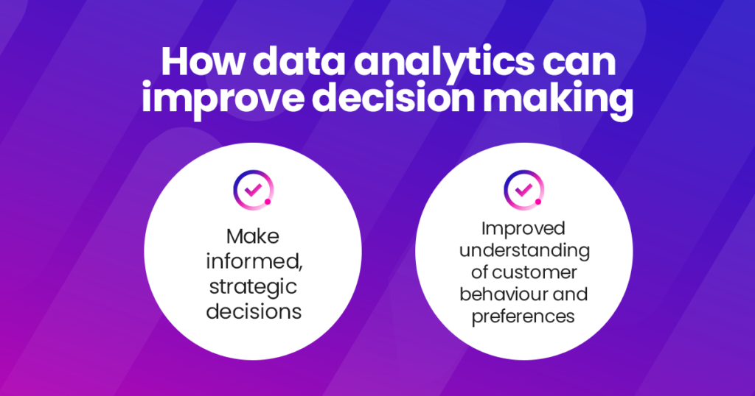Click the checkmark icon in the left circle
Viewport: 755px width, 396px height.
253,189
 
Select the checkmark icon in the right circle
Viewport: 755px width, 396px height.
523,189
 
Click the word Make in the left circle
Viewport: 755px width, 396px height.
254,237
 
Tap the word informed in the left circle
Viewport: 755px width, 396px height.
252,261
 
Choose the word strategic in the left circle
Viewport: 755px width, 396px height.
254,286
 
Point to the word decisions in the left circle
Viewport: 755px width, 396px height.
254,311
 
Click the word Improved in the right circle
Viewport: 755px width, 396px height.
523,227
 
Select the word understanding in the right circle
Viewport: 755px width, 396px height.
524,250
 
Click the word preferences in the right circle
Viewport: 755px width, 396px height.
523,317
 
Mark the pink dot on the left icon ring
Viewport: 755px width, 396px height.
268,200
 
